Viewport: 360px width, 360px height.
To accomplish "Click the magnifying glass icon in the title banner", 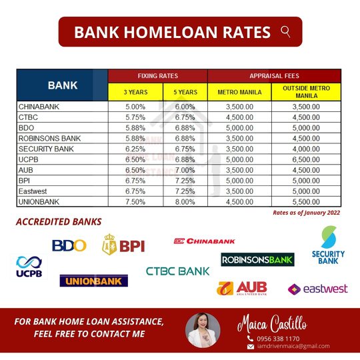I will pos(285,31).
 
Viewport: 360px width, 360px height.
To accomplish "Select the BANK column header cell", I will pos(62,85).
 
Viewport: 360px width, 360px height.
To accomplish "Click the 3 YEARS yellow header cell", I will pos(135,91).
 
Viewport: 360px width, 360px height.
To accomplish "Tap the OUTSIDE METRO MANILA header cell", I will pos(306,91).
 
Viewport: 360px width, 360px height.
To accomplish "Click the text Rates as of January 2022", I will pos(306,213).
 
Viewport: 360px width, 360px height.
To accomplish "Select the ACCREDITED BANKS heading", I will pos(59,222).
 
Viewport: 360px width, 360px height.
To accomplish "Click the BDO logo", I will pos(69,245).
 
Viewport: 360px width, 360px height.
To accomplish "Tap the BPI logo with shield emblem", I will pos(123,245).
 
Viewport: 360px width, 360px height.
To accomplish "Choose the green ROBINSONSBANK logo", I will pos(257,259).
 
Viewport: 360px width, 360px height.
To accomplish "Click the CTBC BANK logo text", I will pos(177,271).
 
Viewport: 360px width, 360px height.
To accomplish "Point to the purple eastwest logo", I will pos(317,289).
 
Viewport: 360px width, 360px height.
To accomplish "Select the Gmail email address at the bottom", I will pos(293,346).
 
